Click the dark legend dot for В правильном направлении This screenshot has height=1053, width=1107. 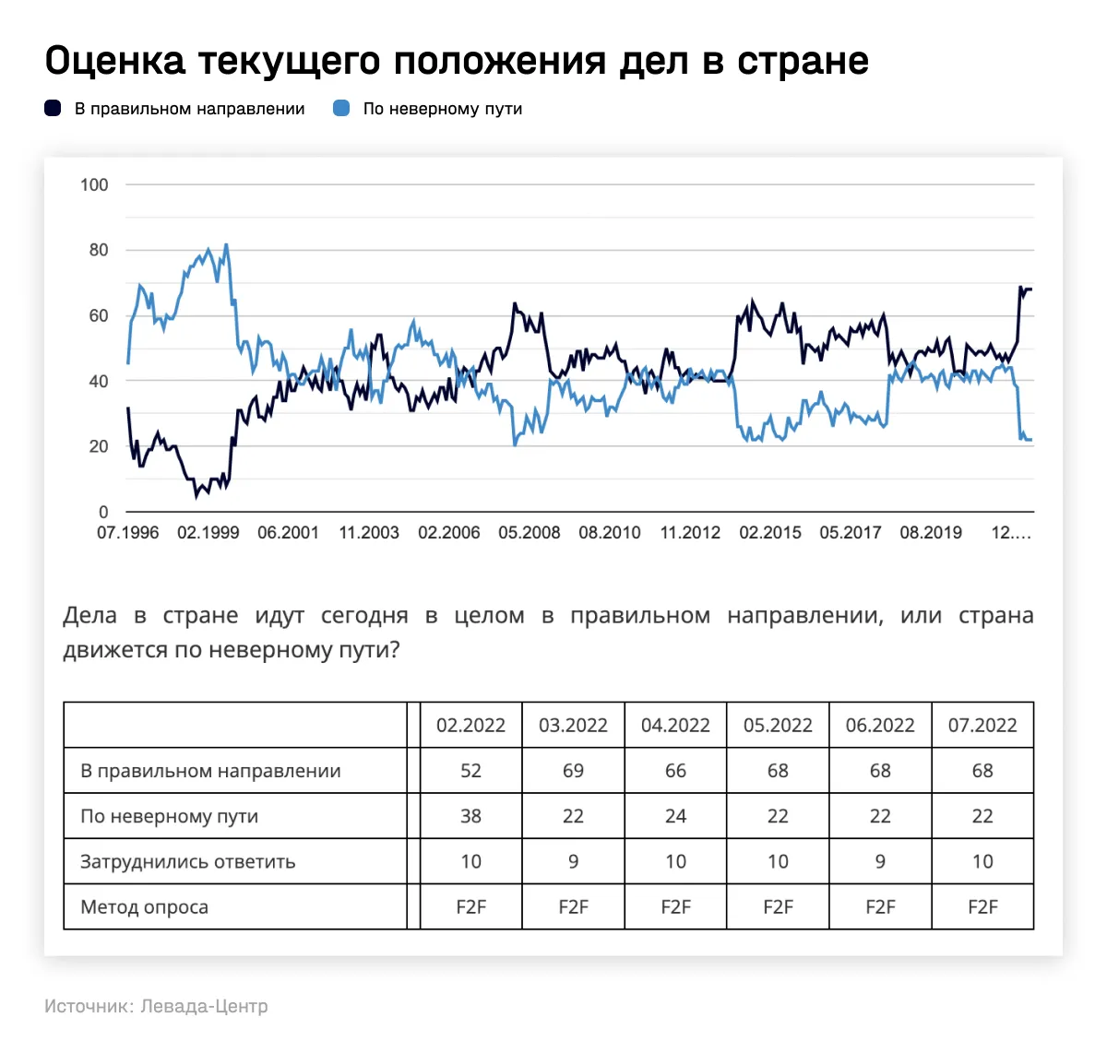click(54, 109)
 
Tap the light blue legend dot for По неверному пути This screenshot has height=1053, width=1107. click(341, 109)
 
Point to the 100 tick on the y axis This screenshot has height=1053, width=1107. click(94, 184)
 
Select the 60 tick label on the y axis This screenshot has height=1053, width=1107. click(98, 315)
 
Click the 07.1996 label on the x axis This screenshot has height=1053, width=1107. click(127, 533)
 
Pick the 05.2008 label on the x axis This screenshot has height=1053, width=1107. click(529, 533)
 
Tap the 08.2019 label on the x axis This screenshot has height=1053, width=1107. click(930, 533)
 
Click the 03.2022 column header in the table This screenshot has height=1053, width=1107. click(573, 726)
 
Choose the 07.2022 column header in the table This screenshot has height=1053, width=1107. click(982, 726)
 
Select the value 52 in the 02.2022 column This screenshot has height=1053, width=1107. click(470, 771)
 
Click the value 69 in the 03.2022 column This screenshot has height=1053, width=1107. click(573, 771)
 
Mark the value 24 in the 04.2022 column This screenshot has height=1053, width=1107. click(675, 816)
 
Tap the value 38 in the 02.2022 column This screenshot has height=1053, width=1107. click(470, 816)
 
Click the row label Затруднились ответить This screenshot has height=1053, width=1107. click(187, 862)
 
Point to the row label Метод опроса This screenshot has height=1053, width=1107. click(144, 907)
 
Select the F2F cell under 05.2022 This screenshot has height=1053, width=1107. click(778, 907)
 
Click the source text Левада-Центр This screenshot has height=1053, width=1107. click(204, 1006)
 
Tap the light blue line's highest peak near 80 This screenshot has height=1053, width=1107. click(226, 245)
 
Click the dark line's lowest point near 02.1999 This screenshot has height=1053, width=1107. click(196, 496)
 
